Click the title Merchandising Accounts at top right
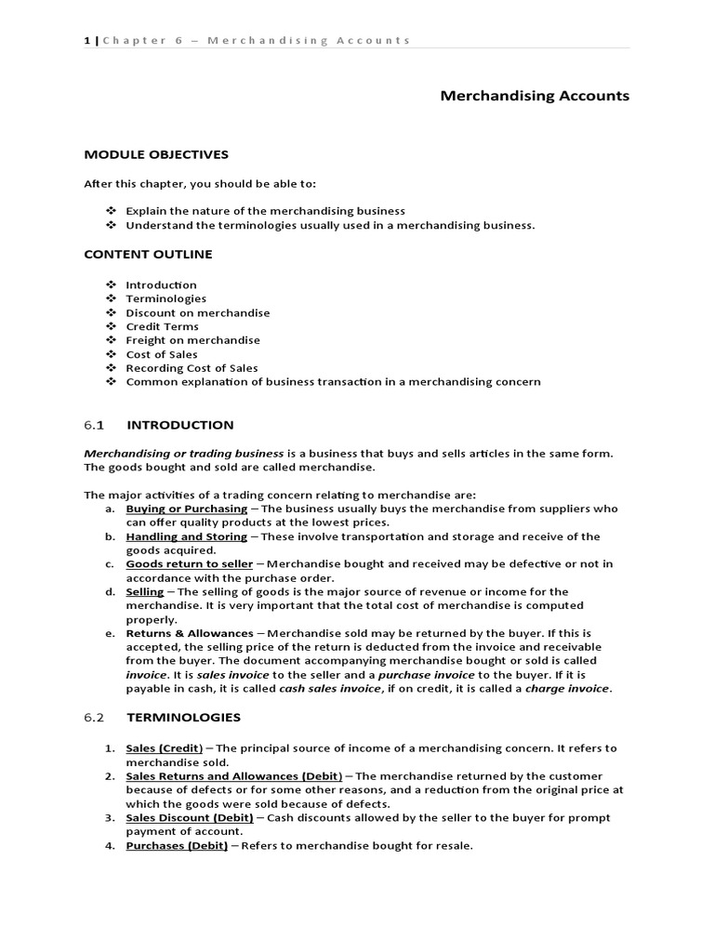point(535,96)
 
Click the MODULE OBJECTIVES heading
point(156,154)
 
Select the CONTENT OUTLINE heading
point(148,254)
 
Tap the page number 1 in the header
point(86,40)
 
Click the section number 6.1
point(94,425)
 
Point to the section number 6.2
point(94,717)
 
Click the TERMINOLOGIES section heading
point(183,717)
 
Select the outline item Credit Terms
point(162,326)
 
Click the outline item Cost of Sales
point(162,354)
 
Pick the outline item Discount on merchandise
point(198,312)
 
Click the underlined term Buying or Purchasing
point(187,509)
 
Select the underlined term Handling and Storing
point(187,536)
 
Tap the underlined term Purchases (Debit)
point(177,845)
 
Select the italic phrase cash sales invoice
point(329,689)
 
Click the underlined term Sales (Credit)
point(165,747)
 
